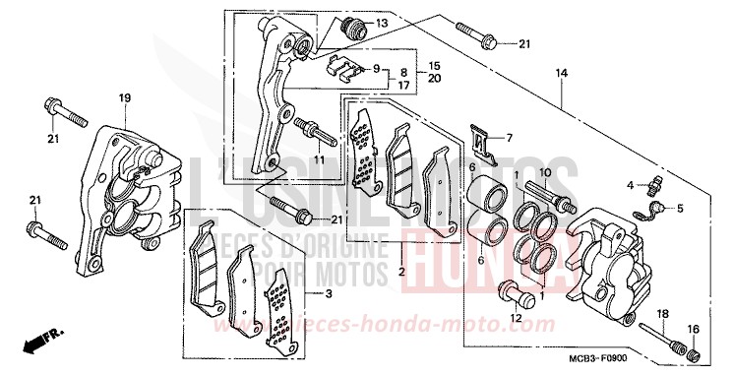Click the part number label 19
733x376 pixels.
[x=125, y=97]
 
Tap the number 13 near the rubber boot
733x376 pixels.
[x=382, y=23]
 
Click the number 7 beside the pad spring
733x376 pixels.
[x=509, y=137]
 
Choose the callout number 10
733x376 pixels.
[x=569, y=172]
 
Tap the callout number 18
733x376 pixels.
[x=662, y=313]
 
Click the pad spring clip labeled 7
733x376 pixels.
[x=480, y=141]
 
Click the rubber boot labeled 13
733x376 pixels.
[x=351, y=27]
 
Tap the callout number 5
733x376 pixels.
[x=678, y=208]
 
